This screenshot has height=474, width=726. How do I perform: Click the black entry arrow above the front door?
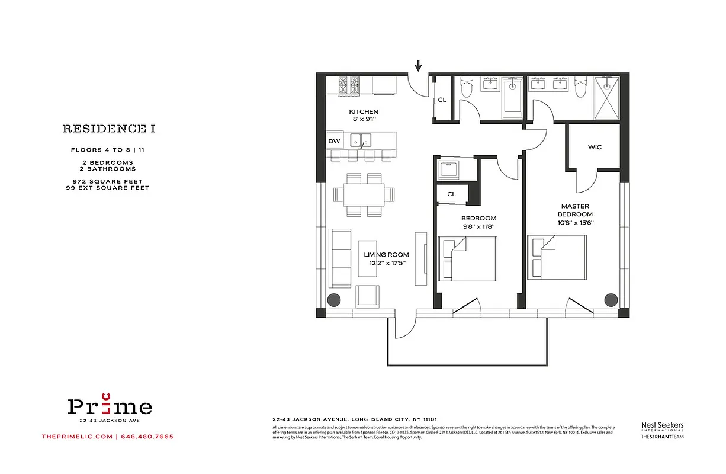[419, 65]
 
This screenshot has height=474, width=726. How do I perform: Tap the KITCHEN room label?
[364, 111]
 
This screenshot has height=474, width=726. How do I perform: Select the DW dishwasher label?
[333, 141]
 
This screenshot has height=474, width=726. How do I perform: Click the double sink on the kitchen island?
[360, 140]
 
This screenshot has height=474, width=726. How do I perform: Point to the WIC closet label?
[595, 147]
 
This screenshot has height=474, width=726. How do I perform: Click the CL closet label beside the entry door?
[442, 100]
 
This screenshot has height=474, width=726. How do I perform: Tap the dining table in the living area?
[364, 194]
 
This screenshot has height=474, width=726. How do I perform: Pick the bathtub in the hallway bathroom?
[513, 100]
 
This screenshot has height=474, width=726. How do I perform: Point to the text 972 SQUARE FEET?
[108, 181]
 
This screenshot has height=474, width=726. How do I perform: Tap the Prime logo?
[110, 406]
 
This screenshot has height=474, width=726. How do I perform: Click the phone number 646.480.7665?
[147, 437]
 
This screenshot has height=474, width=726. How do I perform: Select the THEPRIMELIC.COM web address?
[77, 437]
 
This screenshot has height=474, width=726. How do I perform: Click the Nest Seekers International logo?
[662, 427]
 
